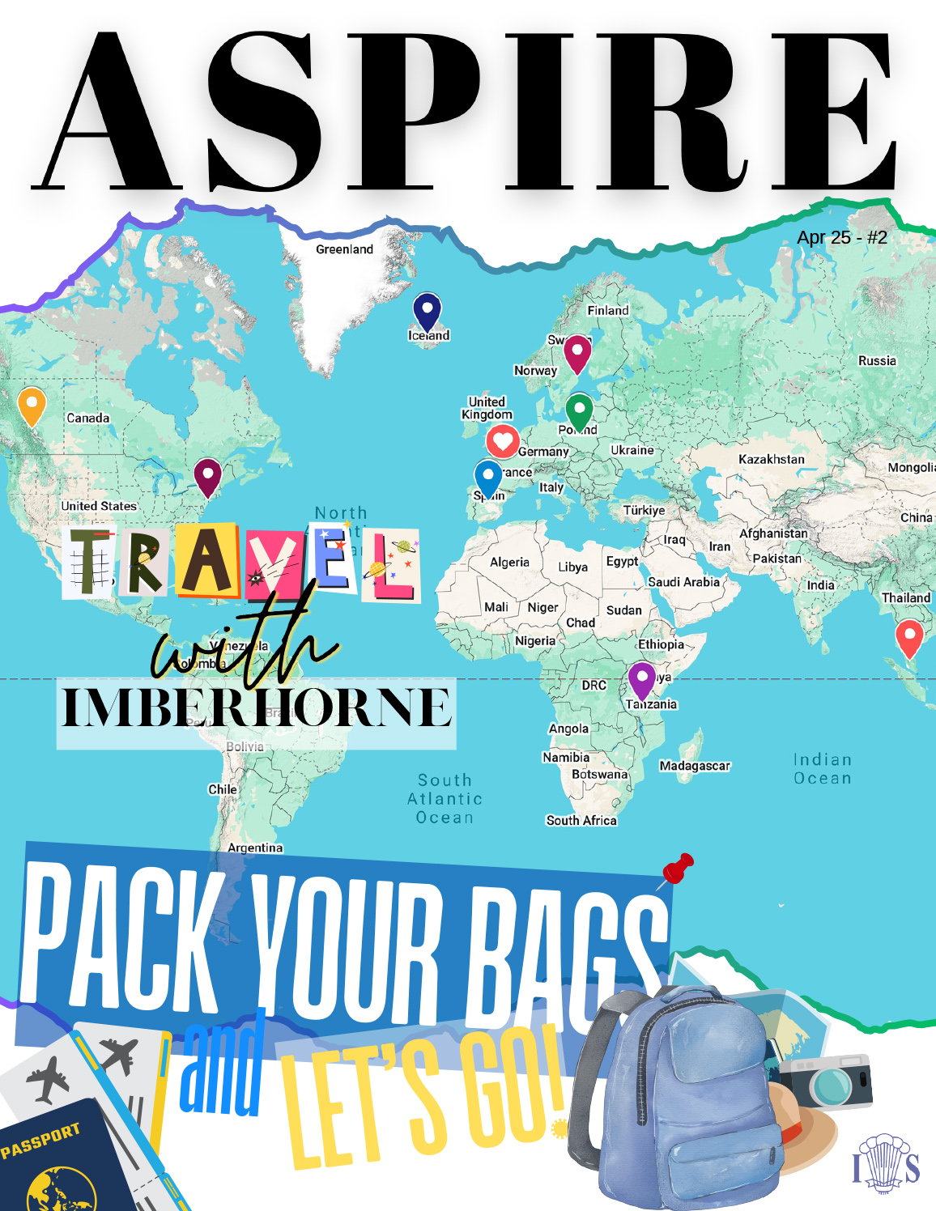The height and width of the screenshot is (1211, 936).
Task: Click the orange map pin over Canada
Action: coord(32,405)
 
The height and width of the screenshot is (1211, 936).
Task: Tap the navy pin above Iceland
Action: coord(427,312)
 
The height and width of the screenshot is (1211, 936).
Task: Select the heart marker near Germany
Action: coord(502,441)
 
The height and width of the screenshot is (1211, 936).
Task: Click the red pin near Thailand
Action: coord(909,637)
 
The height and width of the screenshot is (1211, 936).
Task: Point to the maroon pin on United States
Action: coord(208,476)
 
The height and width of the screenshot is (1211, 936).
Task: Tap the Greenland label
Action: coord(344,249)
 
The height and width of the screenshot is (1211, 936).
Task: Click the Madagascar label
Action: coord(695,766)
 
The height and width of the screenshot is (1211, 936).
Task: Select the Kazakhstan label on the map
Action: coord(771,459)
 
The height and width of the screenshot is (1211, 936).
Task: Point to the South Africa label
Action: coord(581,820)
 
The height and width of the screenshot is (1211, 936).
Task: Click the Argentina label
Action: coord(255,848)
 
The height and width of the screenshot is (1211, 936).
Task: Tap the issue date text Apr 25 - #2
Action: coord(842,237)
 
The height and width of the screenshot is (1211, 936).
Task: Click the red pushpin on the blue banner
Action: coord(679,869)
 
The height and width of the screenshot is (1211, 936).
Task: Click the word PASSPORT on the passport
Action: coord(40,1140)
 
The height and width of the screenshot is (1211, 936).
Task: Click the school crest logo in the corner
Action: coord(886,1164)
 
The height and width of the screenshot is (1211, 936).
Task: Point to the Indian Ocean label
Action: coord(822,769)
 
